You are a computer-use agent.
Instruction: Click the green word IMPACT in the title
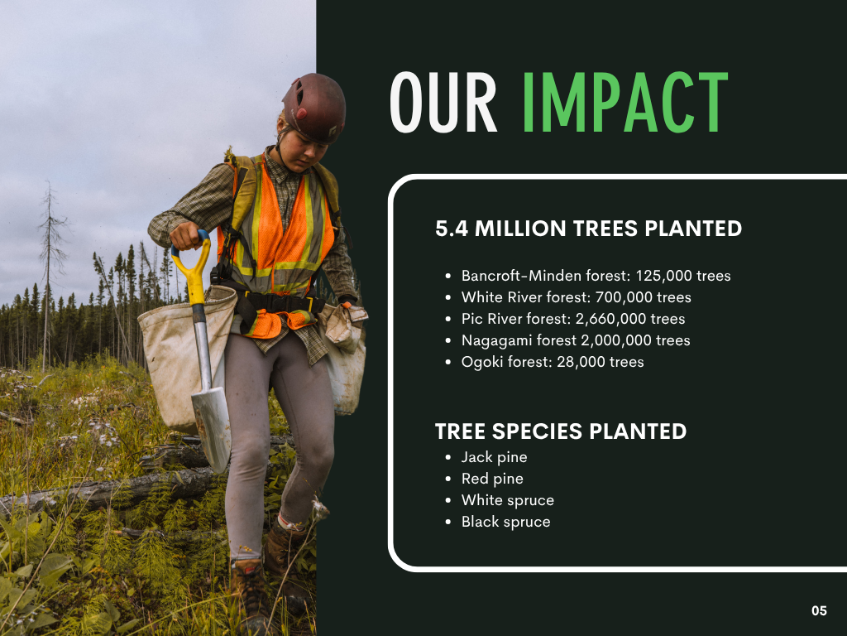coord(625,102)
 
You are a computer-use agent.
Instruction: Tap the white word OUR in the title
coord(443,102)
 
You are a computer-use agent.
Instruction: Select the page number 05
coord(819,610)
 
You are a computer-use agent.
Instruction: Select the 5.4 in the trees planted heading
coord(452,229)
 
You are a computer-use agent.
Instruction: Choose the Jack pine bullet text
coord(495,457)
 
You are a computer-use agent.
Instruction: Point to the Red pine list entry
coord(492,479)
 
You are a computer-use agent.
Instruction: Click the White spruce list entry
coord(508,500)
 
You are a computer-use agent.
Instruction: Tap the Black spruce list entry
coord(506,522)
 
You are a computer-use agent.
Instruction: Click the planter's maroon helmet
coord(313,108)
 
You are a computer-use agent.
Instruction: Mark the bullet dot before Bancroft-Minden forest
coord(447,277)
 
